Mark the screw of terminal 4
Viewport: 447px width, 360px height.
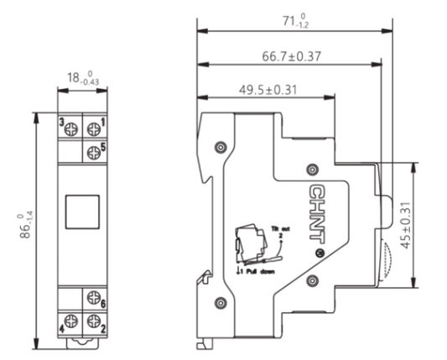pyautogui.click(x=71, y=318)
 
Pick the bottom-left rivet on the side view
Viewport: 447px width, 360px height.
pyautogui.click(x=220, y=302)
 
